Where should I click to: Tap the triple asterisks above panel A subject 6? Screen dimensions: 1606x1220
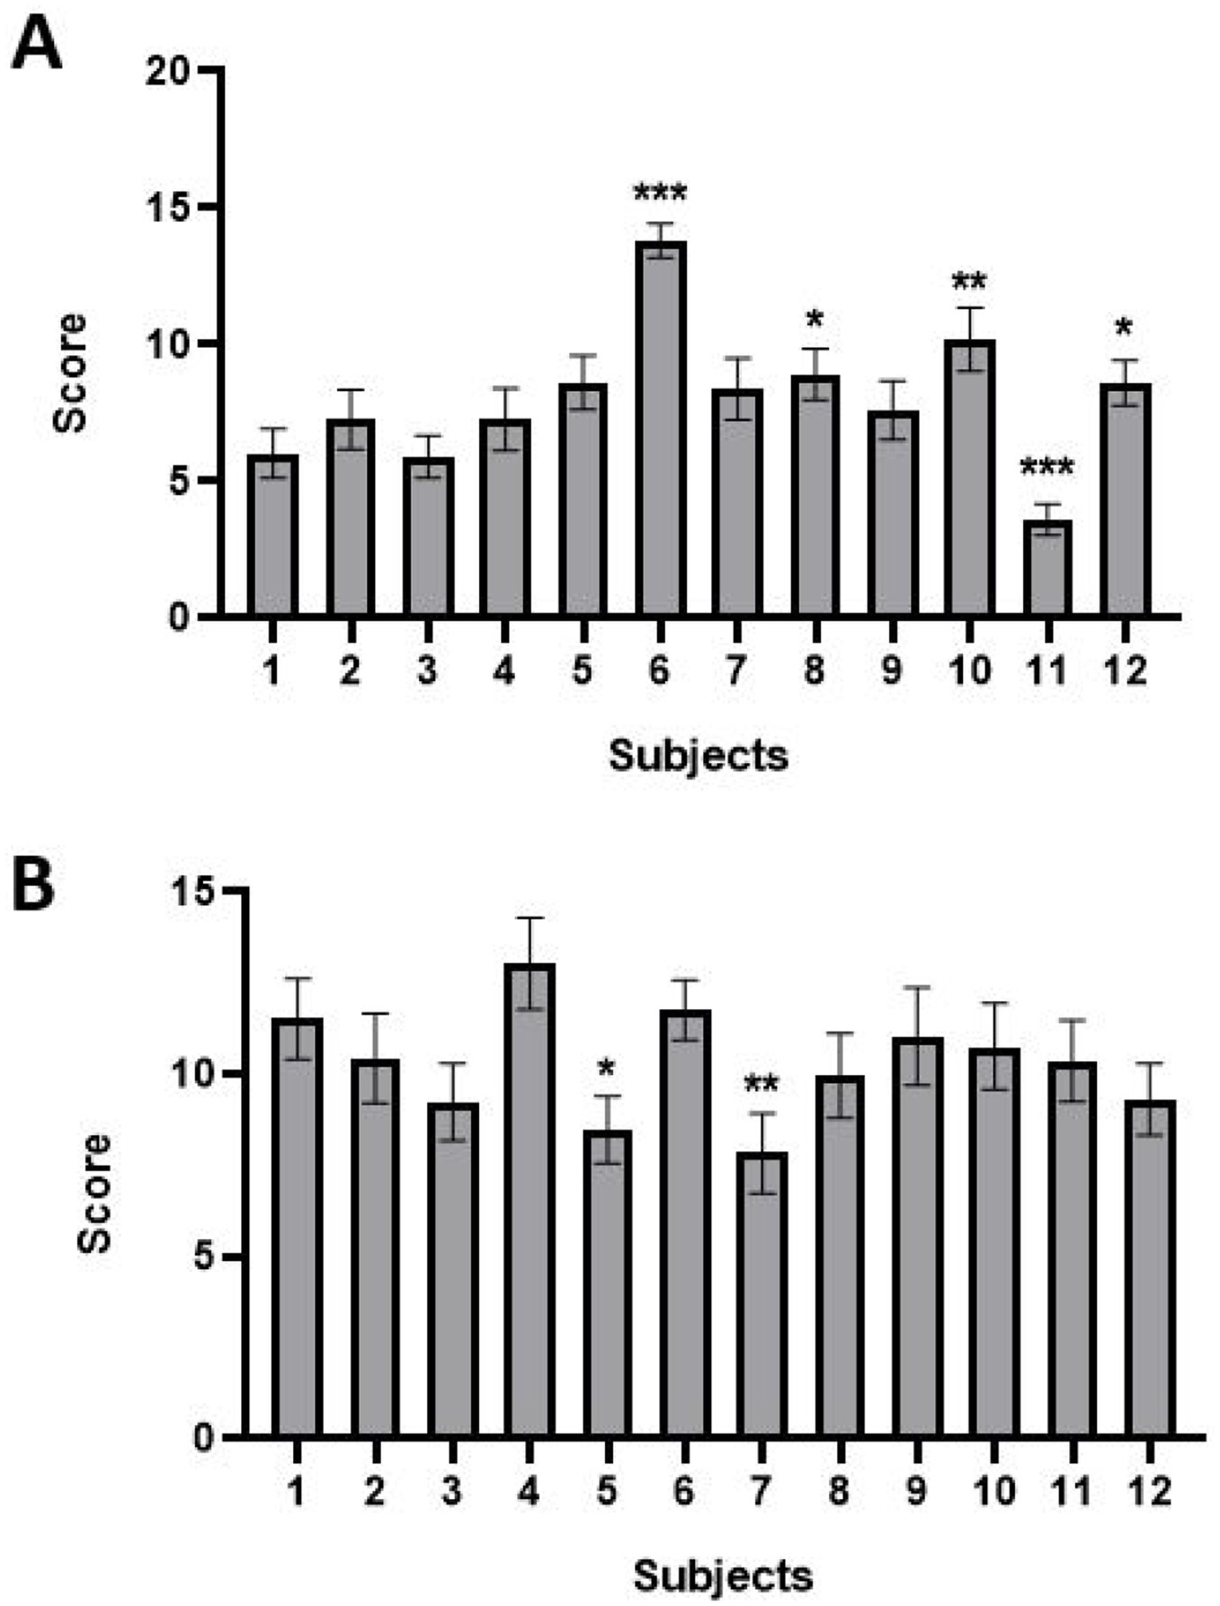pyautogui.click(x=660, y=193)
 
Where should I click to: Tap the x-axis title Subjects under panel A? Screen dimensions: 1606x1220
pyautogui.click(x=699, y=756)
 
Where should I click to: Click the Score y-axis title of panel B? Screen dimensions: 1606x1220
pyautogui.click(x=95, y=1193)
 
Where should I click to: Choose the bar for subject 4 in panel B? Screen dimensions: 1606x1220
pyautogui.click(x=530, y=1200)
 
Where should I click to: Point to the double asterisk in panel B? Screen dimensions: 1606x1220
pyautogui.click(x=761, y=1086)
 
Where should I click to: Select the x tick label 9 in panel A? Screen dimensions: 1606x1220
pyautogui.click(x=892, y=671)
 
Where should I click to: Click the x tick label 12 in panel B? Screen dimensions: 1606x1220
pyautogui.click(x=1150, y=1492)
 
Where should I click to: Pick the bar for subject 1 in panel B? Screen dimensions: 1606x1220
pyautogui.click(x=297, y=1227)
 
